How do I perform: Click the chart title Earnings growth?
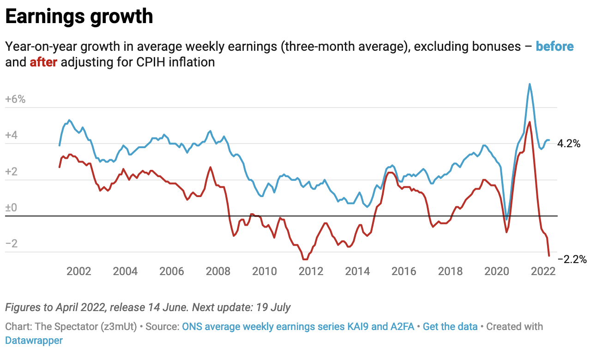tap(79, 17)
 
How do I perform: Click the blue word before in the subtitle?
tap(554, 47)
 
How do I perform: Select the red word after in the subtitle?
tap(43, 62)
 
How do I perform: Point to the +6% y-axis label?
tap(15, 100)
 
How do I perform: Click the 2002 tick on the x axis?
tap(78, 271)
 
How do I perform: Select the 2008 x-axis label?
tap(218, 271)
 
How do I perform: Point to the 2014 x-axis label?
tap(358, 271)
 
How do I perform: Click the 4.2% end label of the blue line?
tap(569, 144)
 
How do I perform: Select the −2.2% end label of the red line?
tap(572, 260)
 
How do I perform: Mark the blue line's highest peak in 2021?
tap(530, 84)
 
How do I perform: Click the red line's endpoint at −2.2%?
tap(549, 255)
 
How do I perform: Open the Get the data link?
tap(450, 327)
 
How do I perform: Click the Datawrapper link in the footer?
tap(34, 341)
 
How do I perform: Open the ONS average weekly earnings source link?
tap(298, 327)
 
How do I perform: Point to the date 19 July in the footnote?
tap(274, 307)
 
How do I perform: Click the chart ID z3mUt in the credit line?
tap(119, 327)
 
